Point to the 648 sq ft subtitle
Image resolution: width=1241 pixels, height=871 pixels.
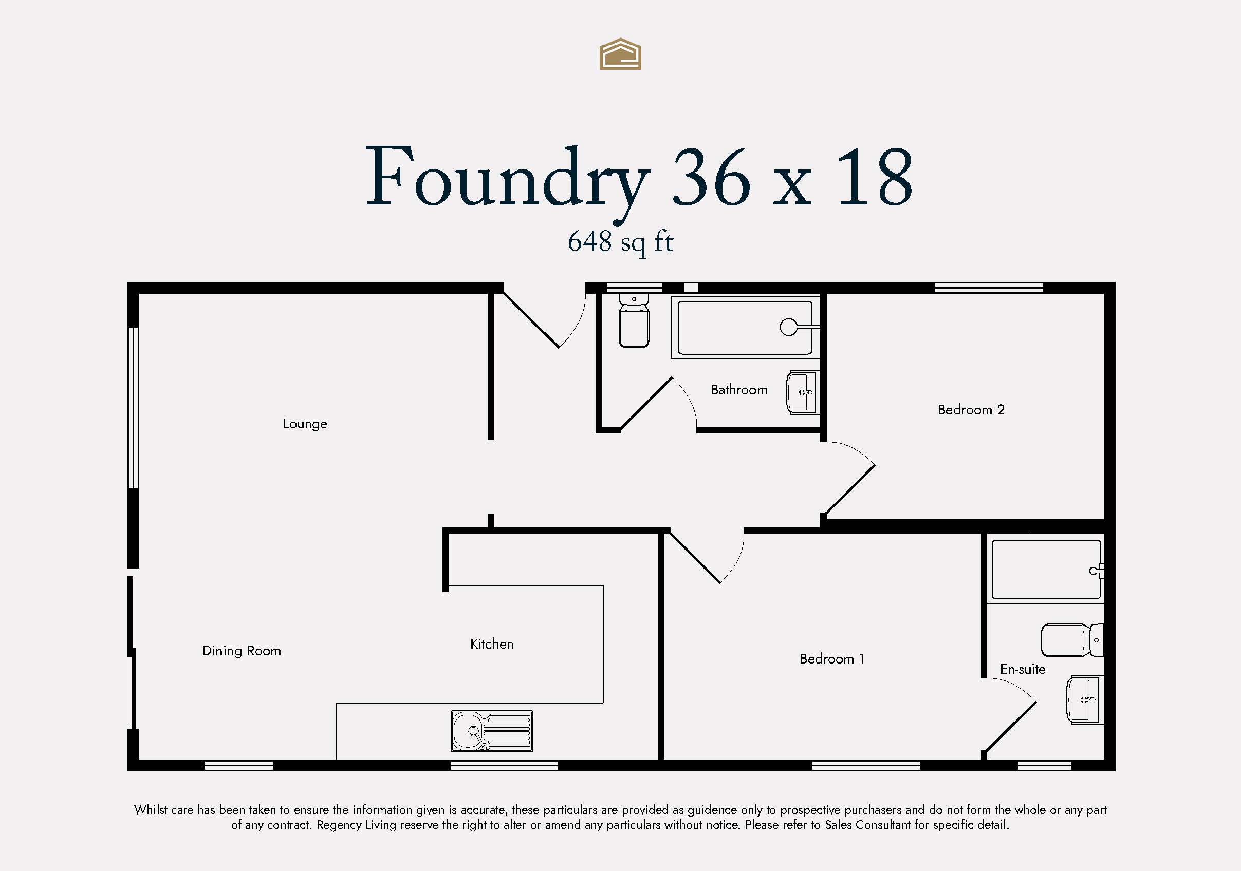click(x=621, y=242)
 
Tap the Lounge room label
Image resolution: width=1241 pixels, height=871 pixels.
click(x=305, y=424)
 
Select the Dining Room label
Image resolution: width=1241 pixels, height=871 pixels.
click(x=242, y=651)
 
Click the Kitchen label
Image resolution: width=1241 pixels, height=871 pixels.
click(x=492, y=644)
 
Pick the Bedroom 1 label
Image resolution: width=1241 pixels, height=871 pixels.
click(x=832, y=659)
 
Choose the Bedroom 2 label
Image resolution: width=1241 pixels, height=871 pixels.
click(x=971, y=409)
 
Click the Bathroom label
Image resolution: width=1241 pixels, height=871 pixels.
click(x=739, y=390)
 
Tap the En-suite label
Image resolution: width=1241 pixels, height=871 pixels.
click(x=1023, y=670)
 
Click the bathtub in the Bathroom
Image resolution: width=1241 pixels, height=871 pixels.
click(x=745, y=328)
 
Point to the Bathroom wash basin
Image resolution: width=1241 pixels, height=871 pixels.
click(x=802, y=392)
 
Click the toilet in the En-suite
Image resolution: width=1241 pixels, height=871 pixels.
click(x=1072, y=640)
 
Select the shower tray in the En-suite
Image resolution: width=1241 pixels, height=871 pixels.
click(x=1046, y=569)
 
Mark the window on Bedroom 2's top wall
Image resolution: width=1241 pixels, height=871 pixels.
click(x=989, y=288)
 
